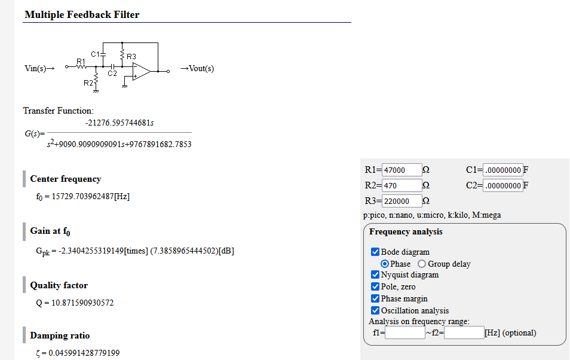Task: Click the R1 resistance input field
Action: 402,170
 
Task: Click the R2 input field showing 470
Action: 402,185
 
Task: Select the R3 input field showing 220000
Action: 402,201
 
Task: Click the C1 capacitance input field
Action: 502,170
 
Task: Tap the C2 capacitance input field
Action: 502,185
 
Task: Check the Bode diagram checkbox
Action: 375,252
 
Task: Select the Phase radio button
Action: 385,264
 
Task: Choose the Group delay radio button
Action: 422,264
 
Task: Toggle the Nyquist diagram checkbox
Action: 375,275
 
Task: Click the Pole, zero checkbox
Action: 375,287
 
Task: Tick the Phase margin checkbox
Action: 375,298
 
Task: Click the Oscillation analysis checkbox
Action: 375,310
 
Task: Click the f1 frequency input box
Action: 404,332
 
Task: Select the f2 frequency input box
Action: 464,332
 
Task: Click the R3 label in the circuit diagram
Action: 131,57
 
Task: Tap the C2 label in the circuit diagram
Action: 112,74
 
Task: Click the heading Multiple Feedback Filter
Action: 82,14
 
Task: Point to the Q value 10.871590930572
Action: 75,303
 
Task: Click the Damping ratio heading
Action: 60,335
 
